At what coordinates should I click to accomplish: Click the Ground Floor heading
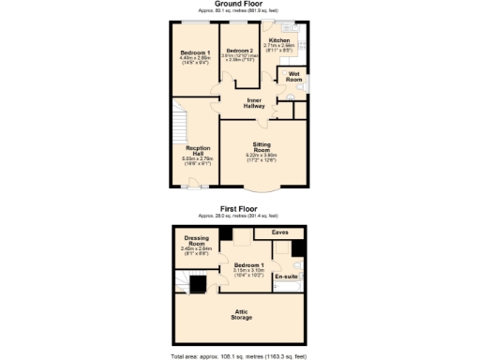click(x=240, y=4)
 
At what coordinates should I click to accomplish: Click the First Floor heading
click(x=239, y=209)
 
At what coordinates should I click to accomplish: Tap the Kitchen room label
click(x=279, y=41)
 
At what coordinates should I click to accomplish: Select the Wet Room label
click(x=294, y=75)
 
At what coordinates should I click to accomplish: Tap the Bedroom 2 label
click(x=239, y=50)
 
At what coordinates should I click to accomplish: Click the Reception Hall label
click(x=197, y=151)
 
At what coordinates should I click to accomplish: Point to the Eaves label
click(x=279, y=232)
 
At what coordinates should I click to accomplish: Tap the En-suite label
click(x=285, y=277)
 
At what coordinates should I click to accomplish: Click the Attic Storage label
click(x=240, y=314)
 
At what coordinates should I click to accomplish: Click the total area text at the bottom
click(x=240, y=356)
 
